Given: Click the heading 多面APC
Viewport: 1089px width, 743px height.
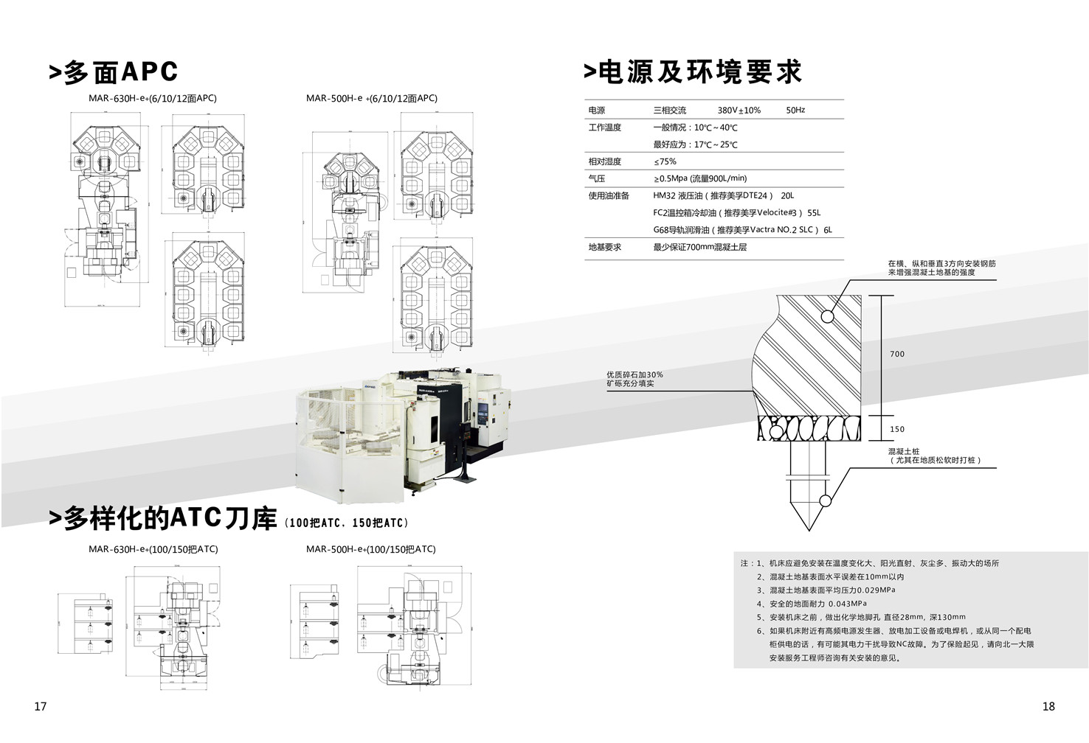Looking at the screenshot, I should click(114, 72).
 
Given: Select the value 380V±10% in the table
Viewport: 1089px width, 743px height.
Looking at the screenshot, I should click(739, 111).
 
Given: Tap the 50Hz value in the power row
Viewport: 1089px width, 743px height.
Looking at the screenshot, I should click(795, 111).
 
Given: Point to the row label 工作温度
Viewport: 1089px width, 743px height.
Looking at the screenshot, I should click(604, 128).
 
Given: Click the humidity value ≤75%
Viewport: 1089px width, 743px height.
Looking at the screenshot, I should click(665, 161).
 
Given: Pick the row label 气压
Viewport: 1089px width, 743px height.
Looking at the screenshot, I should click(596, 178).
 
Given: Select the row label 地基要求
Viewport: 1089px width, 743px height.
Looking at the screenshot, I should click(604, 247).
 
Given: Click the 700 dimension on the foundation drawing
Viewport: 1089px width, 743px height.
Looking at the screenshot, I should click(896, 355).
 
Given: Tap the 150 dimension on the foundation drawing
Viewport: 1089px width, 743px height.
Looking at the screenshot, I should click(896, 429).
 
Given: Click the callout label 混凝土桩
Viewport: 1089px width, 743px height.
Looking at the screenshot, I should click(904, 451).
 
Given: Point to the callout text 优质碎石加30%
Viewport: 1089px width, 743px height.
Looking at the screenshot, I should click(635, 374).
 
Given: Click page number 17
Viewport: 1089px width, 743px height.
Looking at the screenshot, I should click(41, 706).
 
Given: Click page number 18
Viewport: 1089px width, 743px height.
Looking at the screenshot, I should click(1048, 706).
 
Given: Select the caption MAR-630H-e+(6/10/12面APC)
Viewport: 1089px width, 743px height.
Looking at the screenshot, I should click(152, 98).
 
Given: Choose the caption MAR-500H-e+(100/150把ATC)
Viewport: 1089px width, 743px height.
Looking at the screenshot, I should click(370, 549).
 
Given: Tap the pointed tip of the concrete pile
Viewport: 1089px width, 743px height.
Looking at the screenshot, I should click(809, 529).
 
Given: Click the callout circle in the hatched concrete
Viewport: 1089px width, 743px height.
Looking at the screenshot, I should click(828, 316).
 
